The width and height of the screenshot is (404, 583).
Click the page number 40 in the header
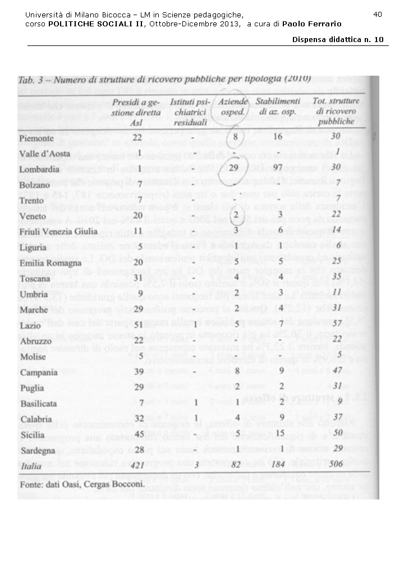(x=377, y=14)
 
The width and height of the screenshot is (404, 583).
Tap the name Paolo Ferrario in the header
(x=311, y=24)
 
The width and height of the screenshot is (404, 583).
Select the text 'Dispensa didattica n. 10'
(x=338, y=39)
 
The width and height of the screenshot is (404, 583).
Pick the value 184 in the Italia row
(x=279, y=465)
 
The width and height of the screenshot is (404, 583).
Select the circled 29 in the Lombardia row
(x=235, y=169)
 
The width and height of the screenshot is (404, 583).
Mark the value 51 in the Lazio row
(x=136, y=324)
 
